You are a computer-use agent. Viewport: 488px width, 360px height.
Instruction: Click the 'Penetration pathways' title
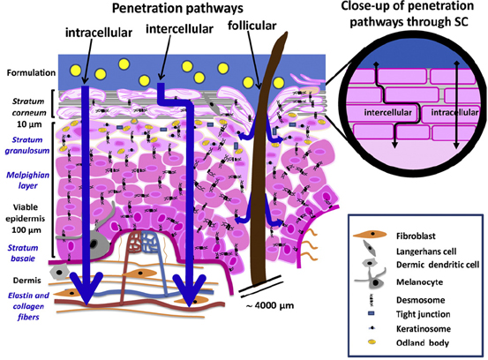tap(177, 8)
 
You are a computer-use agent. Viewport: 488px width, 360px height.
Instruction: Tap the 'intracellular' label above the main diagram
tap(99, 33)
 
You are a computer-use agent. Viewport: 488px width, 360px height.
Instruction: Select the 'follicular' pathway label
tap(252, 26)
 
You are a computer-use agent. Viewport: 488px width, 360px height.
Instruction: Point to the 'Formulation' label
tap(31, 73)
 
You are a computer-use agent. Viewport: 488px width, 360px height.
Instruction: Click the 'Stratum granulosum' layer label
tap(27, 145)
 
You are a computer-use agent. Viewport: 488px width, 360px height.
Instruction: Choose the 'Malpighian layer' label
tap(28, 180)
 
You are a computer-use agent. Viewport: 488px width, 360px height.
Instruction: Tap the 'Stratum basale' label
tap(23, 253)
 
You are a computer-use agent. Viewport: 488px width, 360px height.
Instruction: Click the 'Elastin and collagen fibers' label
tap(28, 306)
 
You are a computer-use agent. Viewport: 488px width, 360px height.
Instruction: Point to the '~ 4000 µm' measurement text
tap(270, 305)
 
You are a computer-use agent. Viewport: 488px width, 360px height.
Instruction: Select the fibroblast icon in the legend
tap(370, 235)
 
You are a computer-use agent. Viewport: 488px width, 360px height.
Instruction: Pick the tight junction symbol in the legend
tap(372, 313)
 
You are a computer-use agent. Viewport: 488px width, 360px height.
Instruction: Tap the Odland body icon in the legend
tap(372, 342)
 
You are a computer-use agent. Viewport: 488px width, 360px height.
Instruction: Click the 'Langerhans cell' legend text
tap(426, 251)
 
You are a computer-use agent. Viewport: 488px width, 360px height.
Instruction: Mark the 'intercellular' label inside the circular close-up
tap(387, 112)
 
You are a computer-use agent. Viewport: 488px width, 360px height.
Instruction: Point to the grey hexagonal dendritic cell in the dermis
tap(59, 273)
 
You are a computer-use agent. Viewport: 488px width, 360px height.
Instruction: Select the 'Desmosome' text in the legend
tap(420, 300)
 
